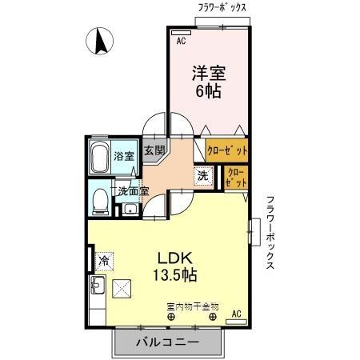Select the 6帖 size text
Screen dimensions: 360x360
click(x=208, y=91)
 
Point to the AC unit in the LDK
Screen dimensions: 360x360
click(x=235, y=320)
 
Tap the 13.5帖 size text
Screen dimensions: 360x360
click(x=177, y=276)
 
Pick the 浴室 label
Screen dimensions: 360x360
click(x=123, y=155)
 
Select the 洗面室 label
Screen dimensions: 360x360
click(x=132, y=190)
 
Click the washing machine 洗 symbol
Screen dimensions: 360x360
click(x=203, y=176)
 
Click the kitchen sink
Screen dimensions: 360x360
click(x=98, y=286)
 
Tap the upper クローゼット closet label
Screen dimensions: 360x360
click(x=227, y=150)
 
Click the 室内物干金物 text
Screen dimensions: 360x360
click(x=192, y=306)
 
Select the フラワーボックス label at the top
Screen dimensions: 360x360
click(x=222, y=7)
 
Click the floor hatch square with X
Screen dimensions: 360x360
click(x=123, y=289)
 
